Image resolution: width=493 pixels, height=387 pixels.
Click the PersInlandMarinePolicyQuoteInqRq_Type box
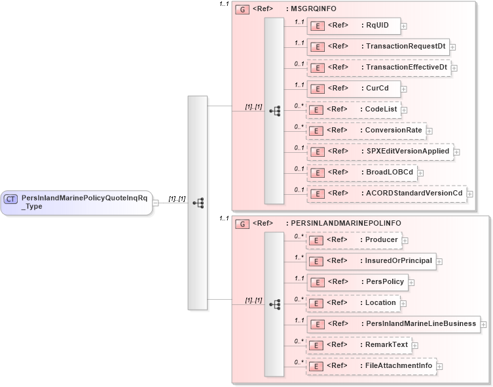[x=77, y=201]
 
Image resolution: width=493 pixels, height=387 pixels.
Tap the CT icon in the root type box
[x=11, y=197]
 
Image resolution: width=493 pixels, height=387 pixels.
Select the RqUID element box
[x=354, y=26]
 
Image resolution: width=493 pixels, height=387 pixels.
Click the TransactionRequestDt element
[x=378, y=47]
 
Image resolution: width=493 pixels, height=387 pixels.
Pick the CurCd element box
[x=354, y=89]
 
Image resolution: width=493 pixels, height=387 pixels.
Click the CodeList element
[x=354, y=110]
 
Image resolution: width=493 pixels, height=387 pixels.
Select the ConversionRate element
[x=366, y=131]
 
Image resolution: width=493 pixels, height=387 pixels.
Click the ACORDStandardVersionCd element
[x=386, y=193]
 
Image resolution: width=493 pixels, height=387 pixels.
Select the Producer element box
[x=354, y=240]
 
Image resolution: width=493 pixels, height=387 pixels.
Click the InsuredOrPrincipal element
[x=371, y=261]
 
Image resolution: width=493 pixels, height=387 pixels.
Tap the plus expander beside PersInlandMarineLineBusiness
[x=483, y=324]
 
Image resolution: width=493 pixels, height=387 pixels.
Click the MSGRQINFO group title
[x=310, y=10]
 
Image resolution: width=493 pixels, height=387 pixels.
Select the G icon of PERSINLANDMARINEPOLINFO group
[x=242, y=224]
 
